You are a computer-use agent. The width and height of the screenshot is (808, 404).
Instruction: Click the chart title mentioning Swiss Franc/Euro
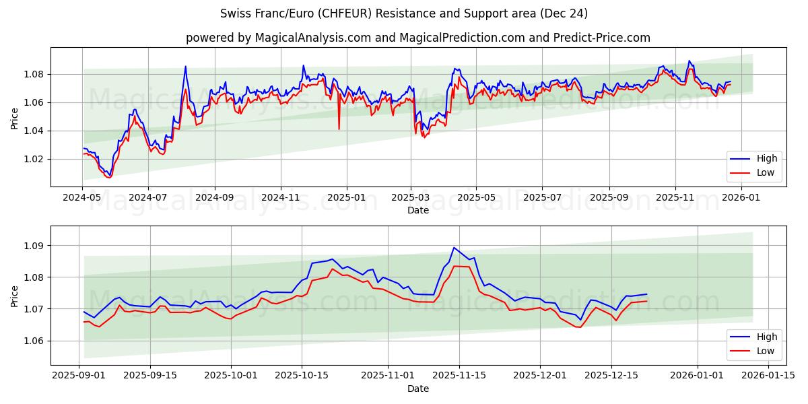point(404,13)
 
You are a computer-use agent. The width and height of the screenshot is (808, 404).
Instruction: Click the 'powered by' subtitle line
point(417,38)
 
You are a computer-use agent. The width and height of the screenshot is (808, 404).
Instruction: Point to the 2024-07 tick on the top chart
point(147,198)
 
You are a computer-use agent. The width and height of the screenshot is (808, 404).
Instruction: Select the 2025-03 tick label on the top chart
point(411,198)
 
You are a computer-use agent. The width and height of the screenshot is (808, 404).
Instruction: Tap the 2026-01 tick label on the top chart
point(740,198)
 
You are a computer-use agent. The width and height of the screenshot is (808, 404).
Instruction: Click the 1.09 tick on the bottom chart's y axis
point(34,246)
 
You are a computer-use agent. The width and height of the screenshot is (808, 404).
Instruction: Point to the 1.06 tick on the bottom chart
point(34,341)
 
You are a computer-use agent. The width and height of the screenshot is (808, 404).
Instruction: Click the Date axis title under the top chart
point(417,210)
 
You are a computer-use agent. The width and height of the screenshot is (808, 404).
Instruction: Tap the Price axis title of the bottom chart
point(15,296)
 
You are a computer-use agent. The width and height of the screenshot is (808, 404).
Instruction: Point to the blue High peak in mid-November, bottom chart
point(454,248)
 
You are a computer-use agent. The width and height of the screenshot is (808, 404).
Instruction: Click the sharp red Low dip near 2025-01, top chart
point(339,129)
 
